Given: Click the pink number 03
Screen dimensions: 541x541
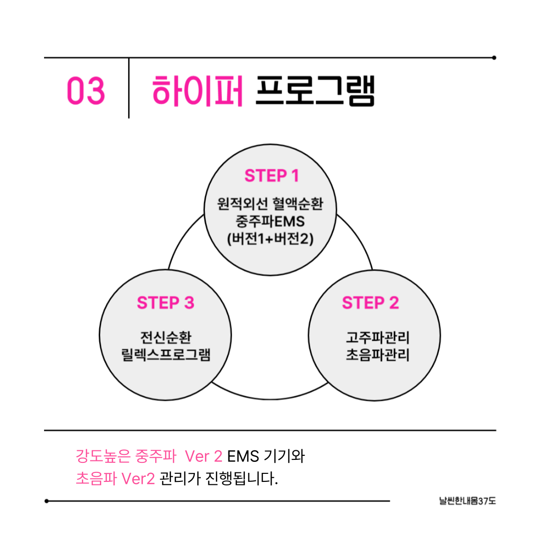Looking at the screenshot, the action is click(86, 91).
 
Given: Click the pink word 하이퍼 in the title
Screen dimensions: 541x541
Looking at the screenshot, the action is click(197, 90).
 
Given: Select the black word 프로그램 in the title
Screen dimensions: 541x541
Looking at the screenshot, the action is click(315, 90).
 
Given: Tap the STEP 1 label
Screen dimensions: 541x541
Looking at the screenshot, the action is click(272, 176).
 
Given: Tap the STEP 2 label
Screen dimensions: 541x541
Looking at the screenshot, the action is click(370, 303).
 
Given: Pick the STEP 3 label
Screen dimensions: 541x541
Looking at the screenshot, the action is click(165, 303).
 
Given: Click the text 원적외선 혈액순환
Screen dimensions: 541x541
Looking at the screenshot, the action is click(270, 204).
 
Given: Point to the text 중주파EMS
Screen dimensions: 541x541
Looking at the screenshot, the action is click(270, 221).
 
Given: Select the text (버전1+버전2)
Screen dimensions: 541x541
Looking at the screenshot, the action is click(270, 239).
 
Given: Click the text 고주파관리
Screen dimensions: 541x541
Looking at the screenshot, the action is click(377, 337).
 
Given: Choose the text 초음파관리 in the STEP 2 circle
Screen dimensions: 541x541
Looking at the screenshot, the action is click(377, 355).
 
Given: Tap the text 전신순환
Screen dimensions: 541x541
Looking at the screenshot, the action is click(165, 337).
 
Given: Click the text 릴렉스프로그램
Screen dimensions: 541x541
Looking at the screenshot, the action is click(165, 355).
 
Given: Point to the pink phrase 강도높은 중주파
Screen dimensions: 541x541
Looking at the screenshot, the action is click(125, 456).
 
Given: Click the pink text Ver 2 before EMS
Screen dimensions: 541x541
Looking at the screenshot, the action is click(203, 456).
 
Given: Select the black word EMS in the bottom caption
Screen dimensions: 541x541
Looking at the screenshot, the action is click(243, 456).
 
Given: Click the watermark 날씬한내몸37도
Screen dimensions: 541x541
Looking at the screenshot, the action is click(466, 500).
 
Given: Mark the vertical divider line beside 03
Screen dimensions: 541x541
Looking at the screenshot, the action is click(129, 88).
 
